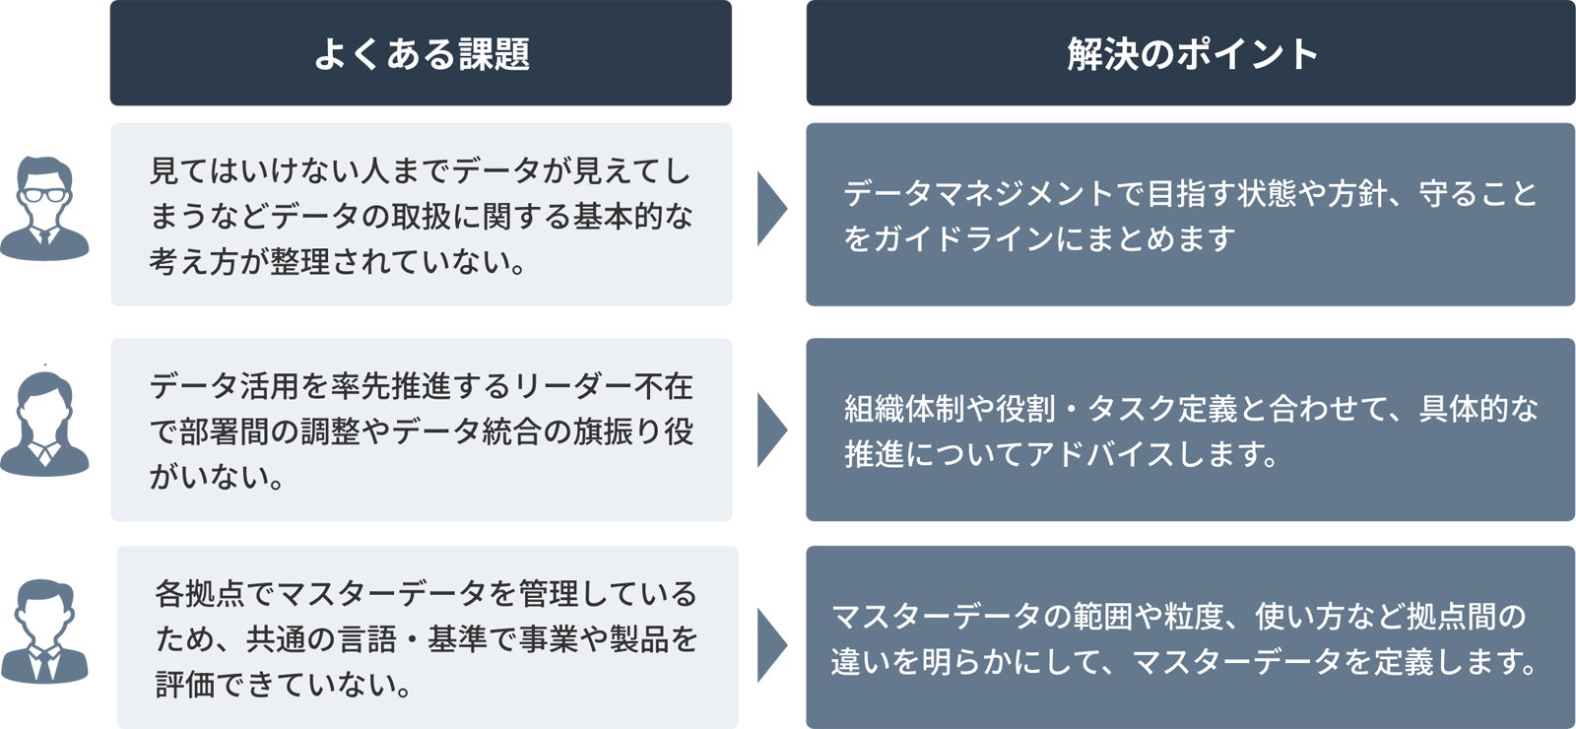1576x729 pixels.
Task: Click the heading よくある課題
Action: (422, 54)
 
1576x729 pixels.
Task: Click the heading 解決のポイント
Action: (1192, 54)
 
